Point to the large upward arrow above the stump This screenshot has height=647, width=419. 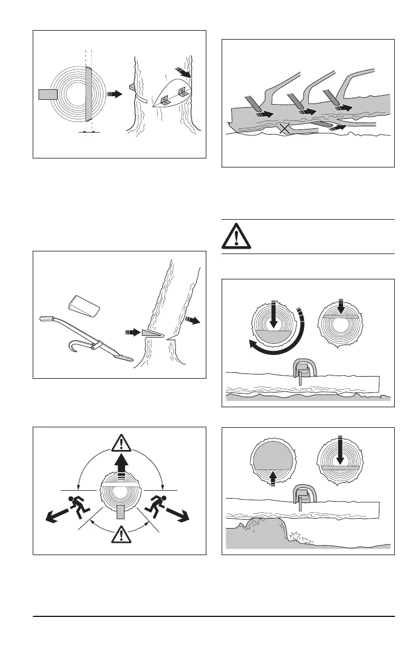(x=121, y=467)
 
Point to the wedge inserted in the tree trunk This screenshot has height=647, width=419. (x=149, y=333)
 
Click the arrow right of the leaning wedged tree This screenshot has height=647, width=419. (x=193, y=320)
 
